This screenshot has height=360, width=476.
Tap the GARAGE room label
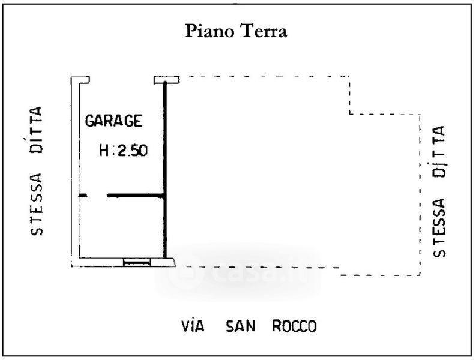point(114,121)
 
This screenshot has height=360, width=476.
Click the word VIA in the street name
point(193,326)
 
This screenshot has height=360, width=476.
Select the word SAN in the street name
point(240,326)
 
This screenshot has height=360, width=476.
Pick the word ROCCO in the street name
point(294,326)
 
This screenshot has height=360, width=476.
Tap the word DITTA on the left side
point(37,131)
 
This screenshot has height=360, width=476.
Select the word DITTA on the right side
point(440,152)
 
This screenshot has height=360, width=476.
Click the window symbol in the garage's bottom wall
point(137,262)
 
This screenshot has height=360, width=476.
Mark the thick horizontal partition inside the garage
point(135,195)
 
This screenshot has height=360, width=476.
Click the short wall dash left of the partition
point(83,195)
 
